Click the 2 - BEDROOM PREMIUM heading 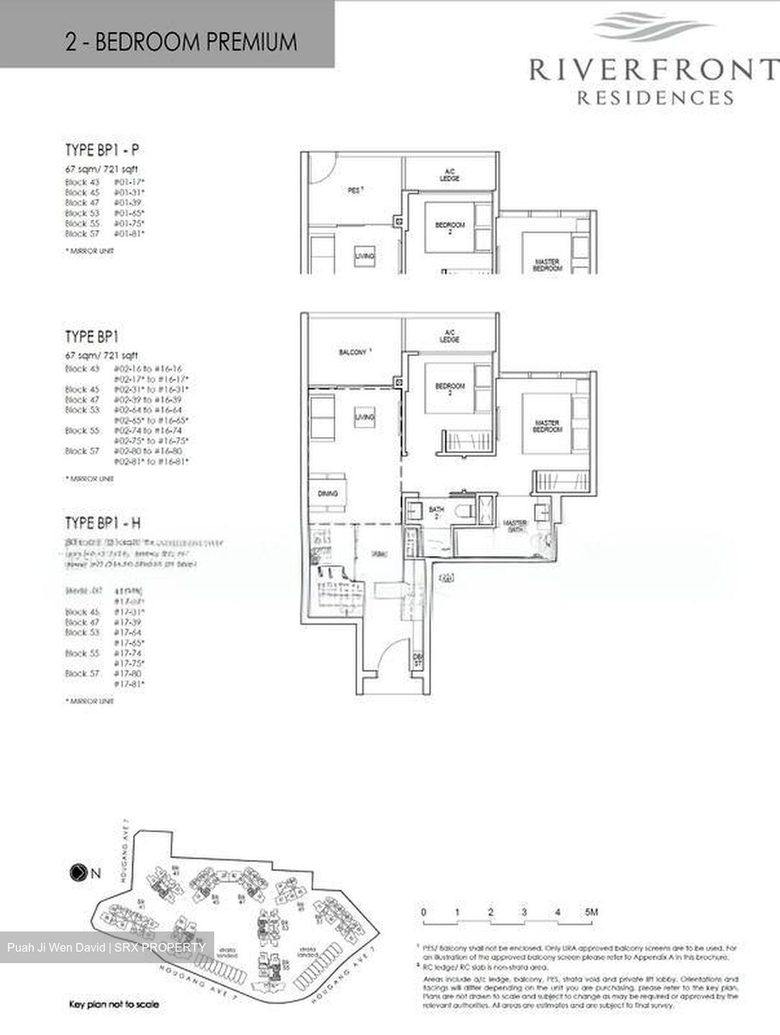point(180,42)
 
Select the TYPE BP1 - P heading point(102,150)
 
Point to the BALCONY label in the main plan point(353,352)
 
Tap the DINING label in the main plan point(327,494)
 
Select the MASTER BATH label point(515,526)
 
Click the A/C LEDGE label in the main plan point(449,336)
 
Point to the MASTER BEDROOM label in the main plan point(547,425)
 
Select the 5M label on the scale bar point(591,912)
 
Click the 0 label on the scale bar point(423,912)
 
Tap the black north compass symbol point(76,874)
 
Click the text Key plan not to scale point(114,1004)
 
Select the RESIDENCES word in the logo point(655,98)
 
